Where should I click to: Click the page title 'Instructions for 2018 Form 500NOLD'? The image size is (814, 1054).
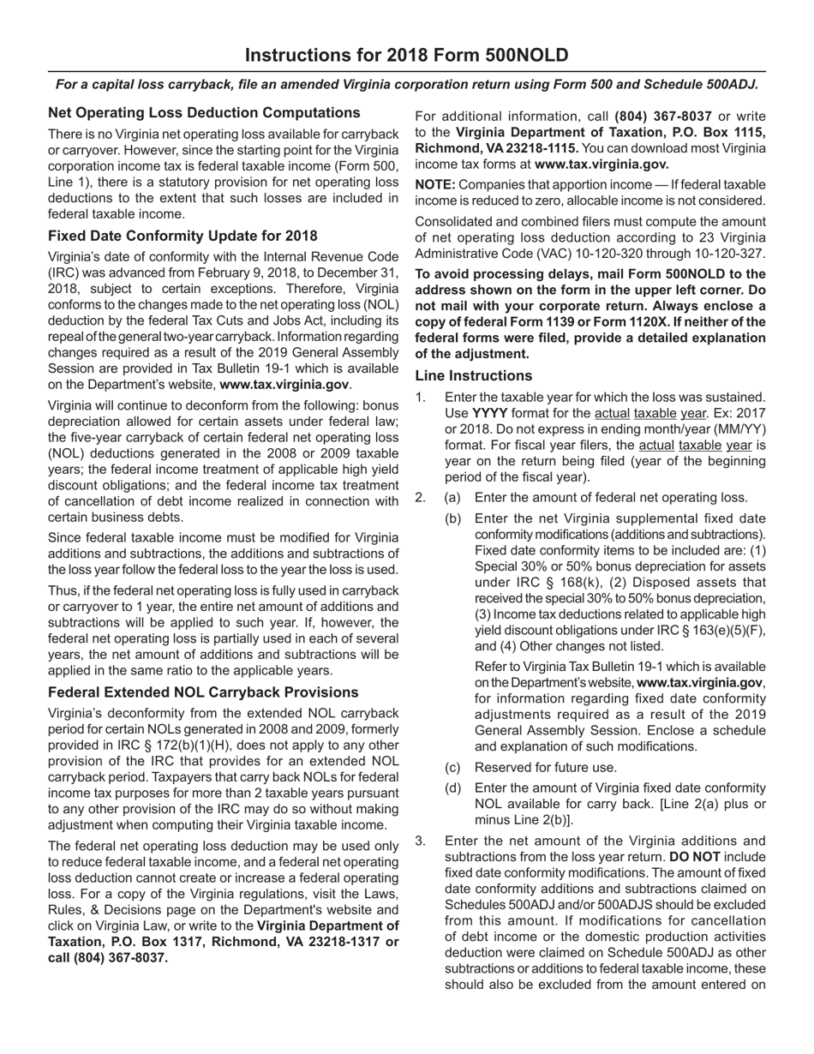pos(406,57)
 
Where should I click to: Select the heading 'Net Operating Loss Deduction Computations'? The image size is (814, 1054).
pos(204,113)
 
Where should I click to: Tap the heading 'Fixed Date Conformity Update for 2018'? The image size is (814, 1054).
pos(183,236)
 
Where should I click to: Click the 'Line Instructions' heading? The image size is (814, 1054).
pos(473,375)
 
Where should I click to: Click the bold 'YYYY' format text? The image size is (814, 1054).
pos(490,413)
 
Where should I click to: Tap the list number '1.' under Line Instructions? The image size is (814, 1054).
pos(420,397)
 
